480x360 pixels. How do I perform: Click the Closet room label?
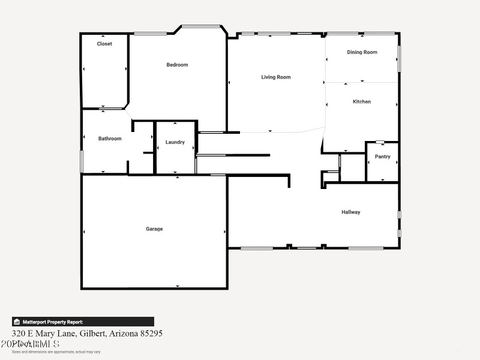(104, 44)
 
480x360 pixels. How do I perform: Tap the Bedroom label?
(177, 65)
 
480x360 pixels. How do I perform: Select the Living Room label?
(276, 77)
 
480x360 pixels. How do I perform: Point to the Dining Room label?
(362, 52)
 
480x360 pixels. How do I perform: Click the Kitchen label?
(362, 101)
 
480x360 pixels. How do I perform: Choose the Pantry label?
(383, 157)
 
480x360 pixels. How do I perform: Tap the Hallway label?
(351, 212)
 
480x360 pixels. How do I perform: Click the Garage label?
(154, 229)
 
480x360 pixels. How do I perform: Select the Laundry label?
(175, 142)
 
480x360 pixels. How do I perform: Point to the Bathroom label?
(110, 139)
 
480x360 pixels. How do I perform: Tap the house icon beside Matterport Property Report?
(17, 322)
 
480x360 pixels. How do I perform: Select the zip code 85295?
(150, 333)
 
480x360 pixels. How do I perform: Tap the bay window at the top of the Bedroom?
(201, 26)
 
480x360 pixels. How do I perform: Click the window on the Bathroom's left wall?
(82, 161)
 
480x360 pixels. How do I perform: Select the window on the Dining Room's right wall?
(399, 59)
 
